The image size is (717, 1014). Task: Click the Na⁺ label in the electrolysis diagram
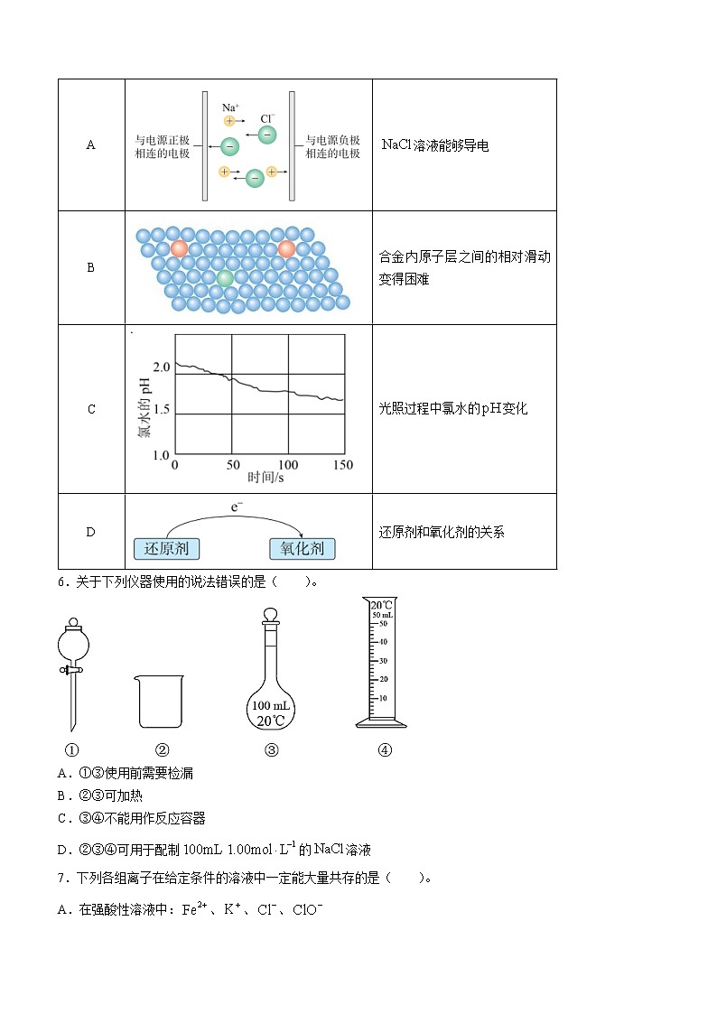tap(230, 107)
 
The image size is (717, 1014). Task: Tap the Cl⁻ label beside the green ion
tap(267, 118)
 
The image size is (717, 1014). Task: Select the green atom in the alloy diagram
tap(225, 277)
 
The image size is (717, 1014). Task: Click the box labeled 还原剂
tap(167, 548)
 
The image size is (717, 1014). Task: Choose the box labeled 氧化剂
tap(302, 548)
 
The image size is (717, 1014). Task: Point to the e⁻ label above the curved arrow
tap(237, 508)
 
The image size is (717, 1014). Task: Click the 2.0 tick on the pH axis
tap(162, 367)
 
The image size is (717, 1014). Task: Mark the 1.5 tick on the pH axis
tap(162, 414)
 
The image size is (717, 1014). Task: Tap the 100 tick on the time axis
tap(288, 464)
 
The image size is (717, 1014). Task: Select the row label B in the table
tap(90, 268)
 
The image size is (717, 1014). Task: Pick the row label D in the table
tap(90, 532)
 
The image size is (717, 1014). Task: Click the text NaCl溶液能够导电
tap(435, 145)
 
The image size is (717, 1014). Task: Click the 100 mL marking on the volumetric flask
tap(272, 705)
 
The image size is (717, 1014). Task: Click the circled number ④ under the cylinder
tap(385, 749)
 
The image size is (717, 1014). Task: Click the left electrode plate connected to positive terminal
tap(206, 145)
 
